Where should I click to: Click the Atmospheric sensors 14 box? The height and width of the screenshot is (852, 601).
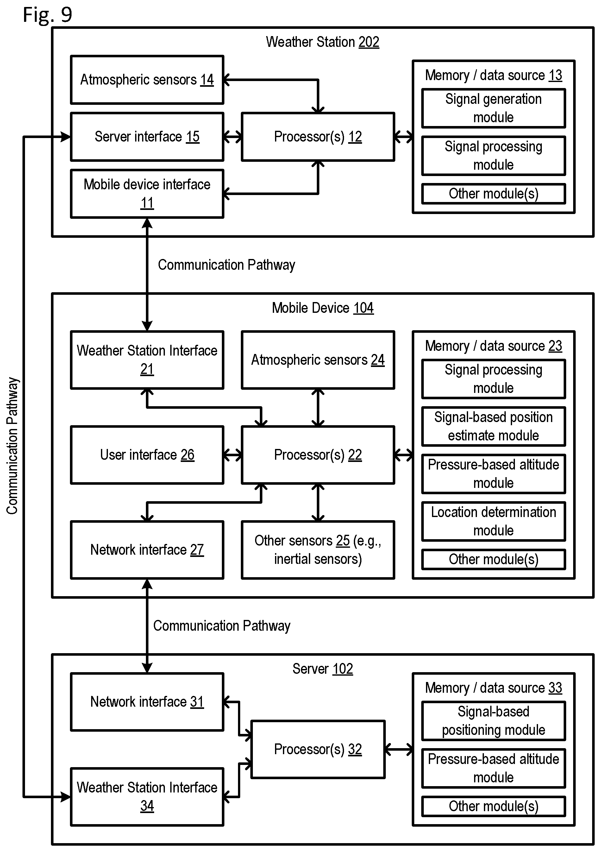coord(147,80)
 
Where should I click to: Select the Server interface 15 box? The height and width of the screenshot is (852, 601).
coord(147,137)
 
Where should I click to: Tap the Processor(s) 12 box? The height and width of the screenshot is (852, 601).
coord(318,137)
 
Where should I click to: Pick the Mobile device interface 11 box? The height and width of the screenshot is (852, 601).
coord(147,194)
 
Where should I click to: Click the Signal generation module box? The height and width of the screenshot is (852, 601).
coord(493,108)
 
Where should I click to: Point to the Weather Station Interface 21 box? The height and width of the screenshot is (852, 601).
coord(147,360)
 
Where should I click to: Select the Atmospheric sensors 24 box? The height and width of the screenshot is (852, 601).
coord(318,360)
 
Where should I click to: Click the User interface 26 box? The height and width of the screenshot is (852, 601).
coord(147,455)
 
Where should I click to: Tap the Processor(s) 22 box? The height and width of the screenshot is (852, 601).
coord(318,455)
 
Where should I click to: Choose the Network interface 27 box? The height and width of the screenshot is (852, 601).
coord(147,550)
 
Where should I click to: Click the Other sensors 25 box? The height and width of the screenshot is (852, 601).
coord(318,550)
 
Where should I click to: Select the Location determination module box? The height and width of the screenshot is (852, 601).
coord(493,521)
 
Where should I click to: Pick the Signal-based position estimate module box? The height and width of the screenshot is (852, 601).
coord(493,426)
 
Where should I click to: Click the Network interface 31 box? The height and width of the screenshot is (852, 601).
coord(147,702)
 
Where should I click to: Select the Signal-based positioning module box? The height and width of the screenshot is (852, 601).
coord(493,721)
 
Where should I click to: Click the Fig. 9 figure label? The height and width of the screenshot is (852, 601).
coord(47,15)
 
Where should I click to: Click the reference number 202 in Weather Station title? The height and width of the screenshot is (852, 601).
coord(369,42)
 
